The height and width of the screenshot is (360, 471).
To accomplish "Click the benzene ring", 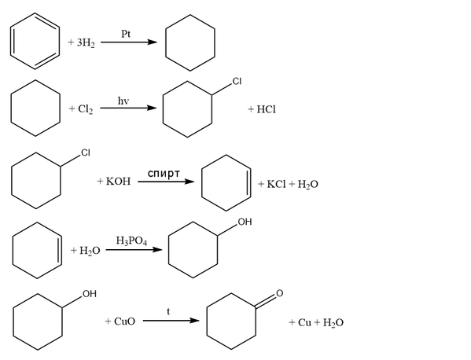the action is point(11,41).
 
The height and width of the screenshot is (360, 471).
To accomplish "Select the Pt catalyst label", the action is point(126,34).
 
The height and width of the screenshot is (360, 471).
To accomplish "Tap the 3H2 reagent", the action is point(86,42).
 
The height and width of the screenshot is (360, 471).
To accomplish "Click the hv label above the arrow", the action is point(123,101).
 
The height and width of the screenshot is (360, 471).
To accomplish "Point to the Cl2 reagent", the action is point(85,109).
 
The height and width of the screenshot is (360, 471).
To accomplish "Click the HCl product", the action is point(266,109).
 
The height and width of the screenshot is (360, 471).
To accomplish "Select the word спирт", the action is point(164,174).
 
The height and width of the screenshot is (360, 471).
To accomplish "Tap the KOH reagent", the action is point(119,181).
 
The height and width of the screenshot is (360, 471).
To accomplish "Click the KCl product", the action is point(276,184).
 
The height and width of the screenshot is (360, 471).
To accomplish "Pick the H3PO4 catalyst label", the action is point(131,241).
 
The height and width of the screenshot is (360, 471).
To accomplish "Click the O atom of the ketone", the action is point(279,293).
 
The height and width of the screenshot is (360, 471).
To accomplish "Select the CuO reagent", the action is point(125,321).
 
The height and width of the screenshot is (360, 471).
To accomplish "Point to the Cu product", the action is point(304,322).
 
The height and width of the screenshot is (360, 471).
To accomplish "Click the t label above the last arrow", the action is point(168,312).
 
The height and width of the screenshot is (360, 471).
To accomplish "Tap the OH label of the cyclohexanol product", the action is point(245,222).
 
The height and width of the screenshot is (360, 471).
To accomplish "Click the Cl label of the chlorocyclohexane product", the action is point(237,82).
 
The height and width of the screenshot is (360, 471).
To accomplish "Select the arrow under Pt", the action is point(129,42).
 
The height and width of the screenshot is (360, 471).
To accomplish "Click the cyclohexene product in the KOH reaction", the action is point(202,183).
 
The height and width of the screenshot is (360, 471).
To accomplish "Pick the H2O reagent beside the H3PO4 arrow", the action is point(90,251).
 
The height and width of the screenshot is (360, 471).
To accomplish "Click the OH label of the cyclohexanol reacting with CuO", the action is point(90,294).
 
